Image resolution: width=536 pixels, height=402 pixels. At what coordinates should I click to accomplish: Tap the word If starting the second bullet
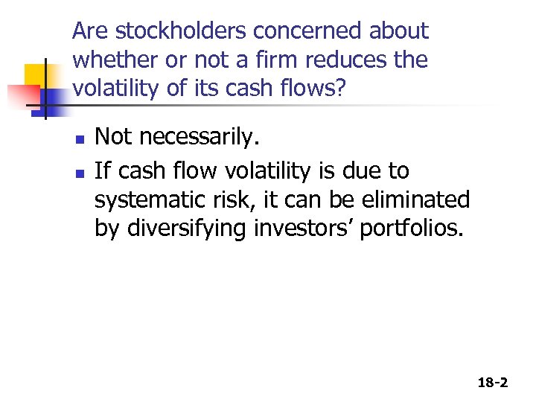tap(102, 170)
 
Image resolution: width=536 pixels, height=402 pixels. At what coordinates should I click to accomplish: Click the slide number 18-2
tap(492, 383)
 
